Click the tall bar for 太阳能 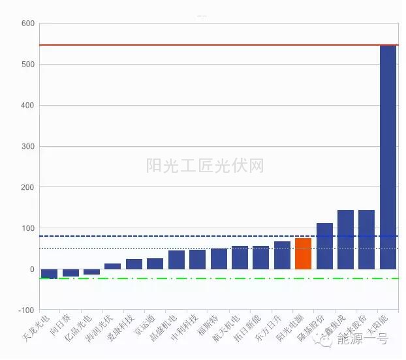click(x=388, y=157)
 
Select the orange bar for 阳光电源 click(x=303, y=254)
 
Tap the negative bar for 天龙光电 click(x=49, y=274)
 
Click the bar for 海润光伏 click(x=112, y=266)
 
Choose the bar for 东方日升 click(x=282, y=255)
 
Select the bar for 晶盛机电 click(x=176, y=260)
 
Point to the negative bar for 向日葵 click(x=70, y=273)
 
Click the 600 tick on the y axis click(x=27, y=23)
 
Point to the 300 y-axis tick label click(x=27, y=146)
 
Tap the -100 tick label click(x=26, y=310)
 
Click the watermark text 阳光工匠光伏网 click(x=205, y=166)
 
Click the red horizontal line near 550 click(x=196, y=45)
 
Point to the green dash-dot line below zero click(x=196, y=278)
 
